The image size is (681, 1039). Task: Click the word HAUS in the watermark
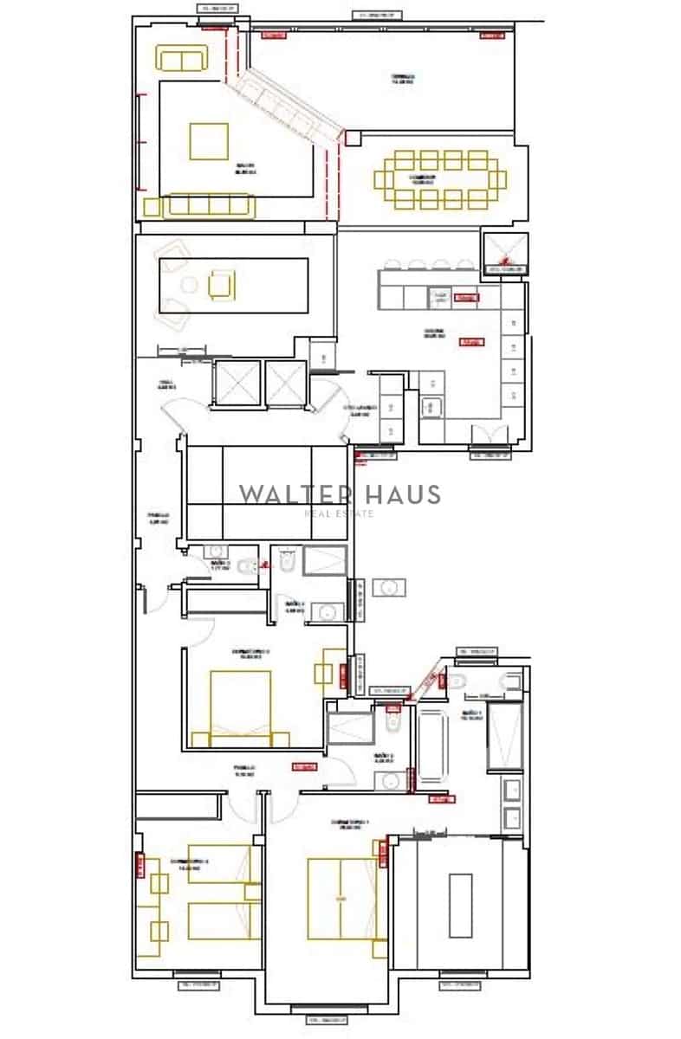(404, 494)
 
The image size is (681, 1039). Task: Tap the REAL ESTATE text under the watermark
(340, 513)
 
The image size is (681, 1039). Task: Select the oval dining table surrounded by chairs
(440, 180)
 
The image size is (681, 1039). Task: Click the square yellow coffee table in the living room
(209, 141)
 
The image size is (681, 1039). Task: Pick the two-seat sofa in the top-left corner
(182, 58)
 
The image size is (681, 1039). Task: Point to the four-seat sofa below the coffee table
(209, 206)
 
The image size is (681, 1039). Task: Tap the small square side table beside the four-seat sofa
(152, 208)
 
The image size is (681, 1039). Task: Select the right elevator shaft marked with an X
(285, 382)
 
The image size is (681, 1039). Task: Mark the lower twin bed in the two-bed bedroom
(219, 920)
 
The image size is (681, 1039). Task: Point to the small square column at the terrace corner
(352, 138)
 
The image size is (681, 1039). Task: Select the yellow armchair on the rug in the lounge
(220, 284)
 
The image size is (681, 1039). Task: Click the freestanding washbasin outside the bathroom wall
(389, 588)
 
